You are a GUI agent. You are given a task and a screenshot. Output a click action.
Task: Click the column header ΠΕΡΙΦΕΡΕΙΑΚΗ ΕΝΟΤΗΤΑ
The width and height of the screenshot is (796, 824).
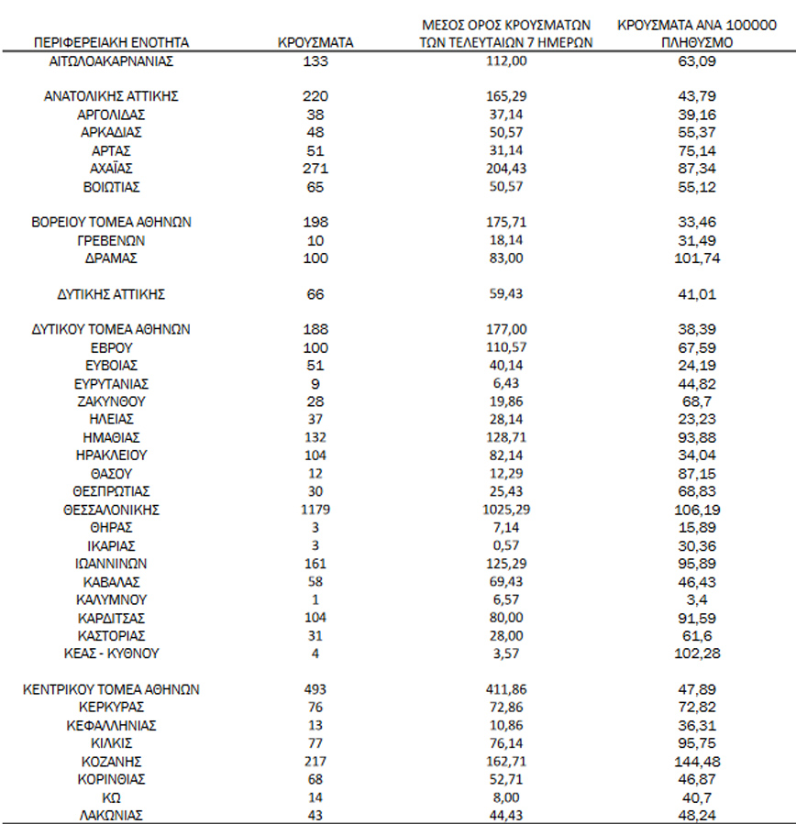pyautogui.click(x=111, y=42)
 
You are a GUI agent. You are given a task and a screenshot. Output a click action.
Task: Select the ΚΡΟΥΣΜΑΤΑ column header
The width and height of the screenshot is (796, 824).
pyautogui.click(x=315, y=42)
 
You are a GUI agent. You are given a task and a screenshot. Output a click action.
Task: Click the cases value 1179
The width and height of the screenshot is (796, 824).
pyautogui.click(x=315, y=510)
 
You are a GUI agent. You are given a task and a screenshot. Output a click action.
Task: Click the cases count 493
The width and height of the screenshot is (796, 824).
pyautogui.click(x=315, y=689)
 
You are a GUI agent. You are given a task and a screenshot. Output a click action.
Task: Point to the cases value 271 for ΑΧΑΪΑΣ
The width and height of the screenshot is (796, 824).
pyautogui.click(x=315, y=169)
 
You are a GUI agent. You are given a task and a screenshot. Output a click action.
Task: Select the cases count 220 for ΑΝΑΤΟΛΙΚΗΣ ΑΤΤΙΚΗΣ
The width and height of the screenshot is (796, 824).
pyautogui.click(x=315, y=96)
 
